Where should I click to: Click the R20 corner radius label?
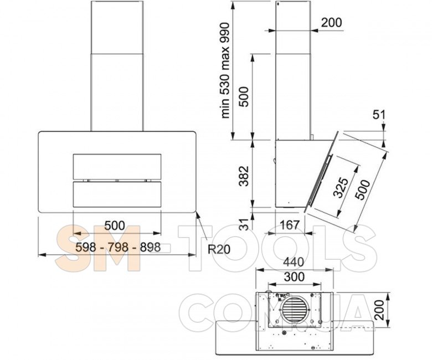pos(219,249)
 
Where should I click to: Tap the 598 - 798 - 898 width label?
pos(118,248)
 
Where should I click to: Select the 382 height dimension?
pos(244,176)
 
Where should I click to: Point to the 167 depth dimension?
pos(290,225)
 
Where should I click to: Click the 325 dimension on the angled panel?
pos(341,188)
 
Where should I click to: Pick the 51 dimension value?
pos(379,115)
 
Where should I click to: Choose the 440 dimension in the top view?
pos(294,262)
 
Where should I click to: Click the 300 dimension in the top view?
pos(294,276)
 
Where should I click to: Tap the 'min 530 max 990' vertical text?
pos(225,70)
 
